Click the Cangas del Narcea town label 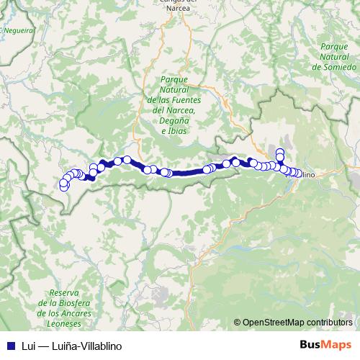tap(176, 4)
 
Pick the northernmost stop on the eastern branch tap(280, 151)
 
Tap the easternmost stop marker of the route tap(298, 173)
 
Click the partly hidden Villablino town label tap(309, 174)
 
